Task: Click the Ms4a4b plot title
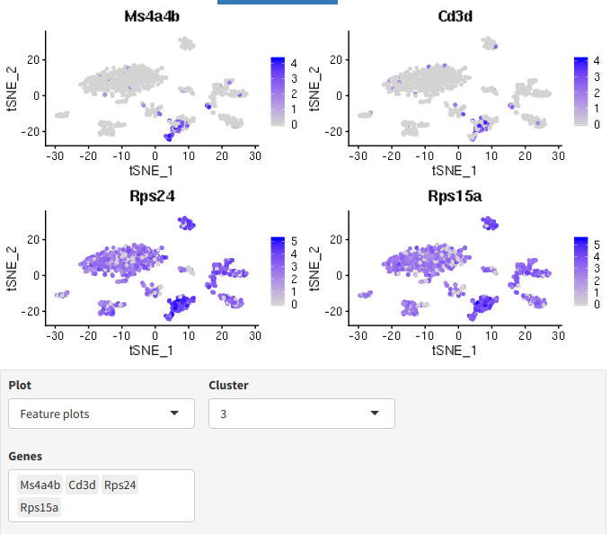pyautogui.click(x=154, y=17)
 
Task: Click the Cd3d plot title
pyautogui.click(x=456, y=17)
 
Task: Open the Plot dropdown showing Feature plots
pyautogui.click(x=102, y=414)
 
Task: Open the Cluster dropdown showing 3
pyautogui.click(x=301, y=414)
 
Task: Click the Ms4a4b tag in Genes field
pyautogui.click(x=40, y=485)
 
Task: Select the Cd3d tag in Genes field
pyautogui.click(x=83, y=485)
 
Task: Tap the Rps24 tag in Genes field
pyautogui.click(x=120, y=485)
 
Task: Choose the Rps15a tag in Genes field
pyautogui.click(x=40, y=508)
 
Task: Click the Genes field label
pyautogui.click(x=25, y=457)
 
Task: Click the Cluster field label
pyautogui.click(x=228, y=385)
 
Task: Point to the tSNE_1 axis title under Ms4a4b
pyautogui.click(x=154, y=168)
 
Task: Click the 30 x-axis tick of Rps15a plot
pyautogui.click(x=558, y=334)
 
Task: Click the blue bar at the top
pyautogui.click(x=277, y=2)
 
